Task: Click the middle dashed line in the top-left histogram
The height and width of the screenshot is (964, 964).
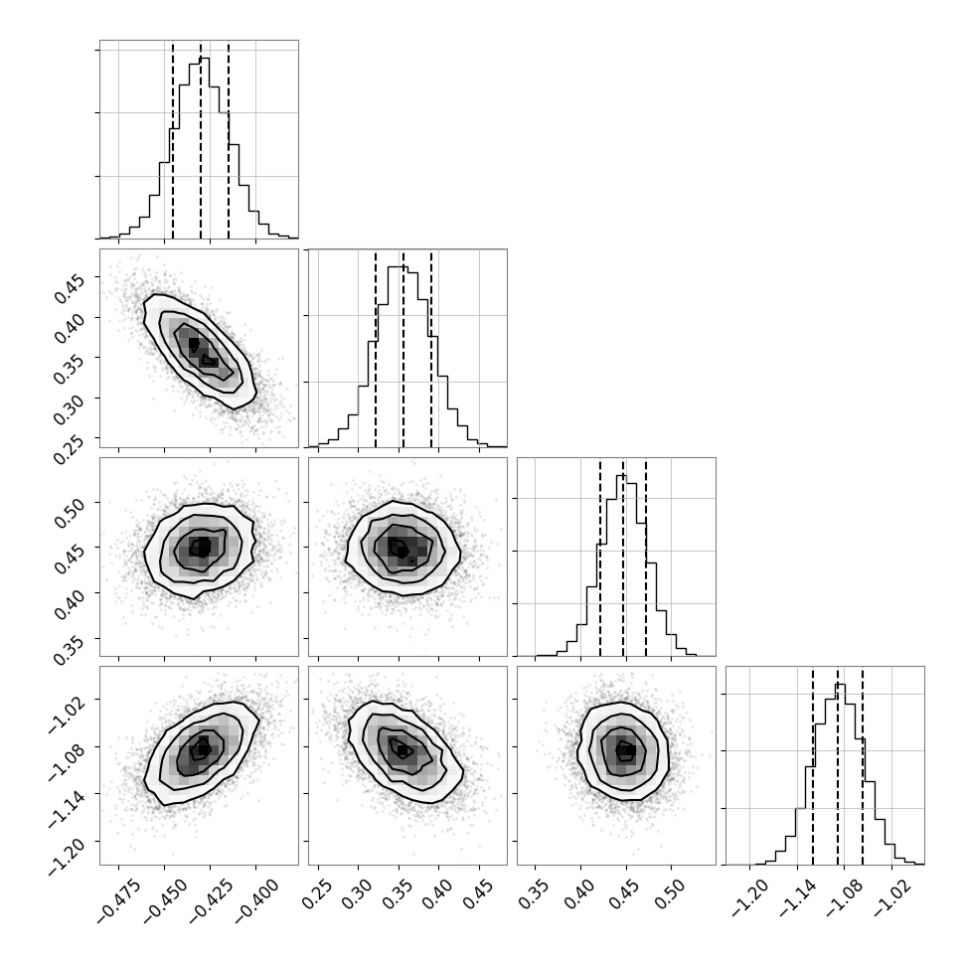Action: point(201,139)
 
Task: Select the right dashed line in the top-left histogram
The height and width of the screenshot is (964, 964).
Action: point(229,139)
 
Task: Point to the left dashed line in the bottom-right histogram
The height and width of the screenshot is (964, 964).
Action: point(813,765)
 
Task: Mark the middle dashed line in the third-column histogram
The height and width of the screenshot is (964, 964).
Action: point(623,557)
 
